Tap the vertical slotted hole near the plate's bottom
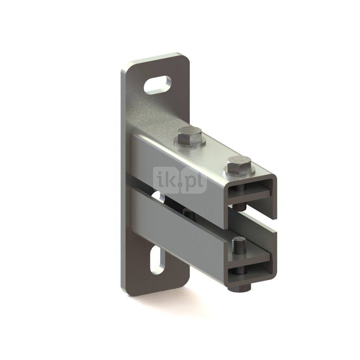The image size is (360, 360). click(x=158, y=260)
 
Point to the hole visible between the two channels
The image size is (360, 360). click(x=159, y=197)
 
